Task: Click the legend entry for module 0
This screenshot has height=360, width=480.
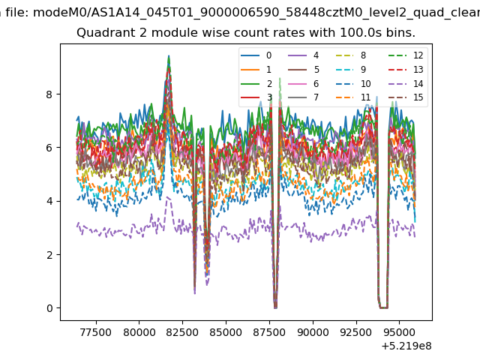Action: click(256, 55)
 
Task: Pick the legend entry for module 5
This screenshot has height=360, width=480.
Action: click(304, 70)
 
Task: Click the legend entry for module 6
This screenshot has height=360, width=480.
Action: click(304, 83)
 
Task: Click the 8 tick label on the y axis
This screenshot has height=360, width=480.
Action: click(49, 94)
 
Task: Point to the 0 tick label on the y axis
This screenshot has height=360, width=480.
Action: click(49, 308)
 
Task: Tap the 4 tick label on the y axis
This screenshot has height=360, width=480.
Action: click(49, 201)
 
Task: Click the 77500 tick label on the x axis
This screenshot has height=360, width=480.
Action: click(96, 332)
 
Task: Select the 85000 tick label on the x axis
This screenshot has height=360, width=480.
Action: click(226, 332)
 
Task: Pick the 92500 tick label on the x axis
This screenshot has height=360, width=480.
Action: click(356, 332)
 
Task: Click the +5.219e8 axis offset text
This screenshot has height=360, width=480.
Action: click(406, 346)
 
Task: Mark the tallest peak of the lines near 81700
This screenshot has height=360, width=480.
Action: click(169, 56)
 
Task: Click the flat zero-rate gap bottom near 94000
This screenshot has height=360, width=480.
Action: click(384, 307)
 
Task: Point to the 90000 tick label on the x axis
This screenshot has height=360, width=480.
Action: click(313, 332)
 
